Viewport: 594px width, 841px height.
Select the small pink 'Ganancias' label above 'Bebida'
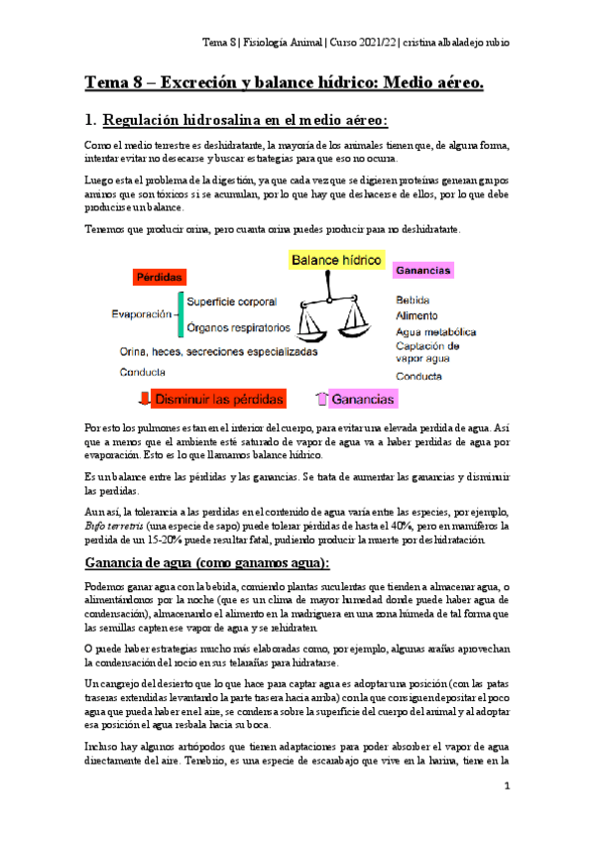(422, 270)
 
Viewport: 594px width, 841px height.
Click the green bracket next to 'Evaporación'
(179, 313)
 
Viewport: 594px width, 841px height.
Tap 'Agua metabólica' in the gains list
(436, 331)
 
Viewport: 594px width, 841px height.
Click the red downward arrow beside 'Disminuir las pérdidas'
(144, 399)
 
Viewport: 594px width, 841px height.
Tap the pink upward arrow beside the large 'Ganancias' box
(320, 399)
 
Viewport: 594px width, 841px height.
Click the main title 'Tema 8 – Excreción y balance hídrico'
(285, 84)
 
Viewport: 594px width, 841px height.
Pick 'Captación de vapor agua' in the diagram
(427, 353)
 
